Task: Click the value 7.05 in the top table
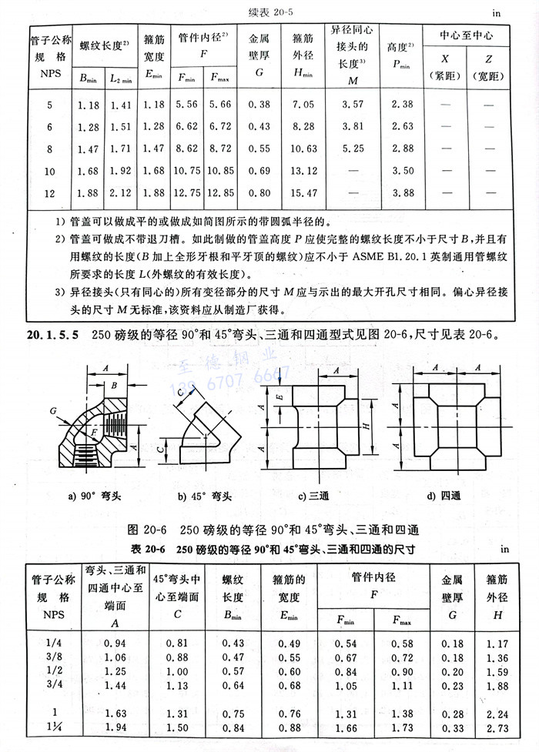click(x=303, y=105)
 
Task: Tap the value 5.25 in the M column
click(x=352, y=149)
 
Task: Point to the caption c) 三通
click(x=313, y=496)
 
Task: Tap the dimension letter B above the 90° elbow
click(x=114, y=385)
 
